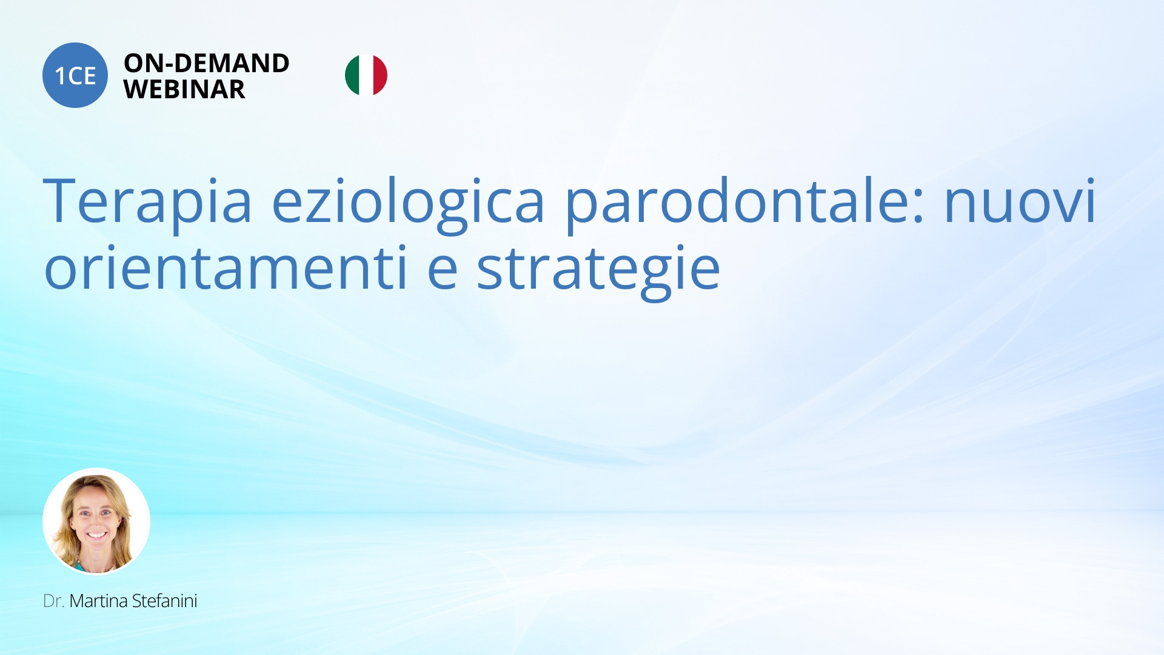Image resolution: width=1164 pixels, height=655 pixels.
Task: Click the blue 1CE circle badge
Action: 75,75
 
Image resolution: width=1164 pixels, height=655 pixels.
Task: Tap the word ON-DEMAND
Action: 207,63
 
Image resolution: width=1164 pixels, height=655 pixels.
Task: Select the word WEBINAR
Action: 184,90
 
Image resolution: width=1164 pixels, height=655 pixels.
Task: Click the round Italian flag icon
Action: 366,75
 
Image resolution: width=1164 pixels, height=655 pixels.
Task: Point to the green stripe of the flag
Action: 352,75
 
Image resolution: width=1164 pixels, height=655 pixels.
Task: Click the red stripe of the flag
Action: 381,75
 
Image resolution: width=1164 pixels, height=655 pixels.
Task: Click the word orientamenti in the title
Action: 226,267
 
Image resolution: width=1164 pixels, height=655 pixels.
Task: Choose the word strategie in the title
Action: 599,270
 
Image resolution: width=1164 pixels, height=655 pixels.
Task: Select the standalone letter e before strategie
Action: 443,270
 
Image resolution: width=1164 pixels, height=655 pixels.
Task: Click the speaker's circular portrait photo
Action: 96,522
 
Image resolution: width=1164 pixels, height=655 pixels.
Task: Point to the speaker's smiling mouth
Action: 96,536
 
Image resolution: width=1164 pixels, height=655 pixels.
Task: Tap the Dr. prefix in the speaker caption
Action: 53,601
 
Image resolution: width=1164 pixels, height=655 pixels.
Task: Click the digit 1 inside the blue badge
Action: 60,76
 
